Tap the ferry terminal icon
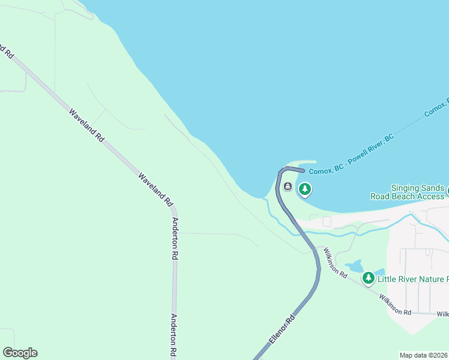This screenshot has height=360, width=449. pyautogui.click(x=288, y=187)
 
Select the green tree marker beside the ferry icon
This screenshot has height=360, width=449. pyautogui.click(x=305, y=190)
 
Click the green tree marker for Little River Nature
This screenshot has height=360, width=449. pyautogui.click(x=368, y=278)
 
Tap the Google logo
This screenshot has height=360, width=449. pyautogui.click(x=20, y=353)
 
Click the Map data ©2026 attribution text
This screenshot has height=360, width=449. pyautogui.click(x=423, y=355)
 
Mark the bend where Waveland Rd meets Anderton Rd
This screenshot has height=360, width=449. pyautogui.click(x=173, y=210)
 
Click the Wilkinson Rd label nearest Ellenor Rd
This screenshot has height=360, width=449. pyautogui.click(x=335, y=262)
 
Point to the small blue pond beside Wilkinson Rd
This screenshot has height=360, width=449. pyautogui.click(x=354, y=265)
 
